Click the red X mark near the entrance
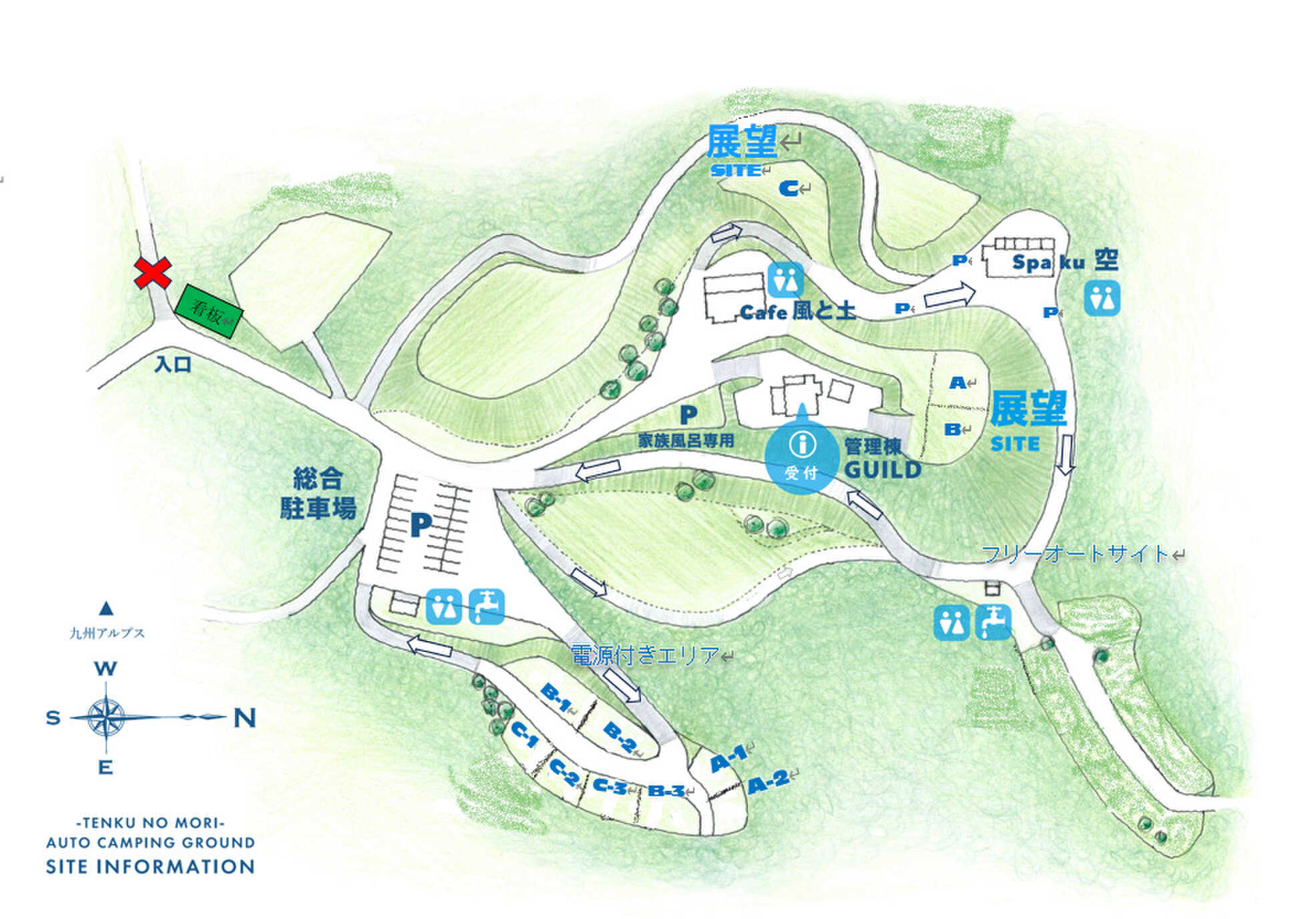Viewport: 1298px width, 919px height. coord(153,272)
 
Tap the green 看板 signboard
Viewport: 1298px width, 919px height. coord(209,311)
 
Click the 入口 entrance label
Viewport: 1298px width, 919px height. coord(173,364)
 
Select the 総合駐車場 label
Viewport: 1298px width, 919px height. coord(318,493)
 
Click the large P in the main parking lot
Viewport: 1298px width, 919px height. coord(421,525)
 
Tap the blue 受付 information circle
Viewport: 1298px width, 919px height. coord(801,454)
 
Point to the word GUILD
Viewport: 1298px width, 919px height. coord(883,470)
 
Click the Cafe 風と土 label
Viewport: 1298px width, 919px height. coord(798,311)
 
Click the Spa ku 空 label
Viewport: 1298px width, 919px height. coord(1065,261)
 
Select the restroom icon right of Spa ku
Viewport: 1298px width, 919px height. coord(1102,298)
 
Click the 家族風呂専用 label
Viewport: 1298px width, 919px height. coord(686,441)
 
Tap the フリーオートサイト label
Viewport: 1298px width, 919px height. coord(1075,554)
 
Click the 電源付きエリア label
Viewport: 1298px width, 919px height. coord(645,655)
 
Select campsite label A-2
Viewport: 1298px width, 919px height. coord(768,782)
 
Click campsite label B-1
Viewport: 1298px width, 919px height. coord(556,697)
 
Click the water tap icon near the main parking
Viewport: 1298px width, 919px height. coord(486,606)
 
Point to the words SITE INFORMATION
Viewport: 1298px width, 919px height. coord(150,867)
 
